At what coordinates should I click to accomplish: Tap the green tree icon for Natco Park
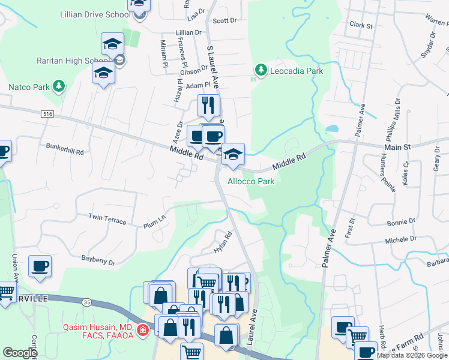58,87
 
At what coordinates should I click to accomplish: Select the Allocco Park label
251,181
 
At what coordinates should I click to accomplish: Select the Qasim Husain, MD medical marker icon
142,329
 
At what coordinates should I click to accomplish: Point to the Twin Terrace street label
107,218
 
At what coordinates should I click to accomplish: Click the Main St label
397,146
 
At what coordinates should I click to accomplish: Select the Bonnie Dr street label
400,222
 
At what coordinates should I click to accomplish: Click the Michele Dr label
400,240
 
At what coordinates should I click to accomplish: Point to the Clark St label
361,26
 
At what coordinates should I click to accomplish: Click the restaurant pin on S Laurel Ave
208,106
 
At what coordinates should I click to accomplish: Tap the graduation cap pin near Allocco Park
232,154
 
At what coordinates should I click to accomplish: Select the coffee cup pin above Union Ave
40,266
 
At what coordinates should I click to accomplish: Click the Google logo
20,352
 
